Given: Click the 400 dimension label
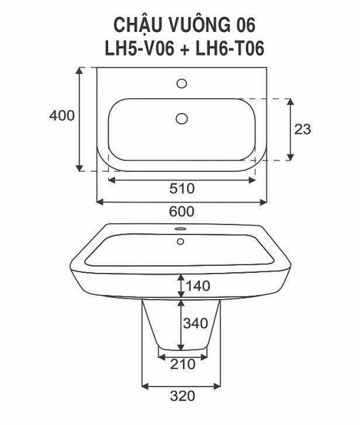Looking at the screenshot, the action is tap(62, 116).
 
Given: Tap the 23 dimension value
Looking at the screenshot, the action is tap(302, 129).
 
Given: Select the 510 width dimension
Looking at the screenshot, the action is tap(182, 188).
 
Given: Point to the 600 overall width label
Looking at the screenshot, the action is tap(181, 212).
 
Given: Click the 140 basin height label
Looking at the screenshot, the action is tap(198, 286).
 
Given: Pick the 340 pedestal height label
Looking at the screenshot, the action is tap(196, 323).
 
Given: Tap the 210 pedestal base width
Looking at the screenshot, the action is tap(183, 365).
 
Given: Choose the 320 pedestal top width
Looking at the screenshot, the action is tap(183, 396).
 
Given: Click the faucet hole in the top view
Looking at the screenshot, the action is tap(181, 83).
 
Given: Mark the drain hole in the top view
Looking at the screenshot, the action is tap(181, 119).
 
